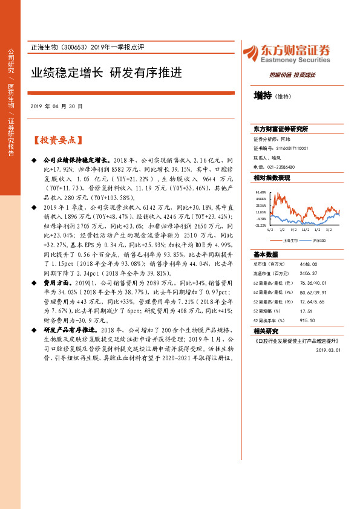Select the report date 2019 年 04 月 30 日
click(x=56, y=106)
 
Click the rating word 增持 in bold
click(x=263, y=95)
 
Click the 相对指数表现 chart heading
click(x=272, y=178)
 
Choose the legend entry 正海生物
click(x=287, y=240)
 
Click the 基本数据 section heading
click(x=266, y=254)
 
